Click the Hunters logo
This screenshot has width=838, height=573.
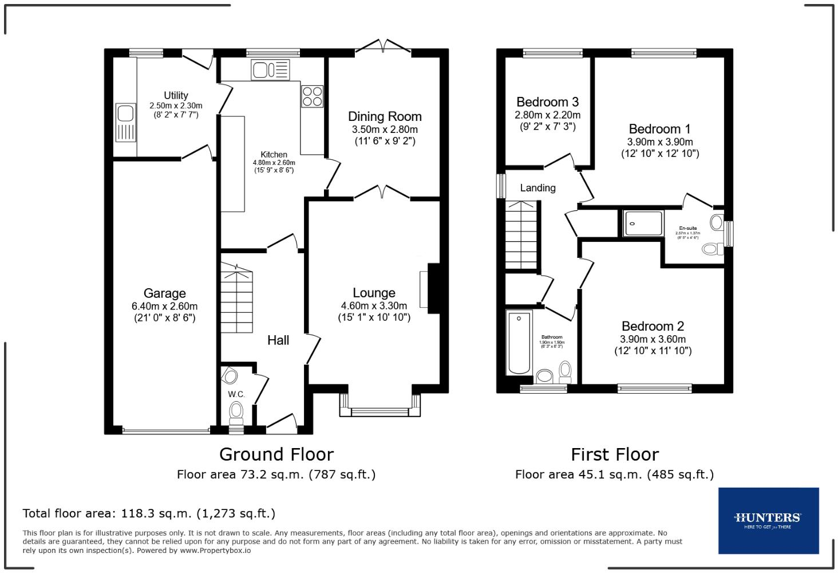pos(768,520)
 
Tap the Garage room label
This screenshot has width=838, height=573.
pos(164,293)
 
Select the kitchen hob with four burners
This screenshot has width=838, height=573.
pos(312,96)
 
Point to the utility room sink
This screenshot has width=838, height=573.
pos(125,122)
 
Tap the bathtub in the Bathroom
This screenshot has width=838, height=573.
pos(519,343)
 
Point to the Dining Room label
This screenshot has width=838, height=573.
pos(385,116)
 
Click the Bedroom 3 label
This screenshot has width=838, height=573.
pos(547,102)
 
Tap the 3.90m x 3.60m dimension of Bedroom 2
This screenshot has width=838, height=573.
pos(653,339)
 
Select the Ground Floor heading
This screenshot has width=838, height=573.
pos(276,454)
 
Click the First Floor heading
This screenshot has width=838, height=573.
pos(615,454)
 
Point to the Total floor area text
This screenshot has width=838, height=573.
pos(149,513)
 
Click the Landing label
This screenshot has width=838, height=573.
pos(537,188)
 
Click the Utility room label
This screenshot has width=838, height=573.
pos(176,95)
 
